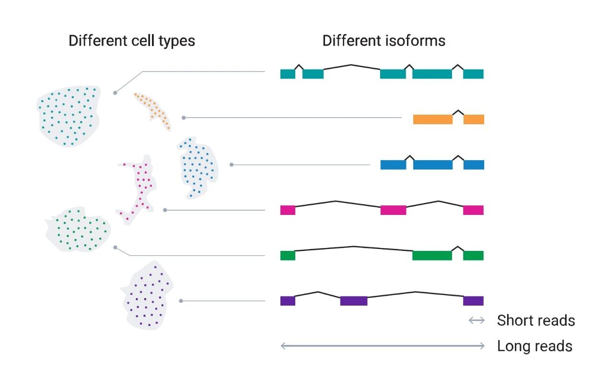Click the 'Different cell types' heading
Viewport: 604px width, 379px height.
tap(132, 41)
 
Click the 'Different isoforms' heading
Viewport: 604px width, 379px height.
tap(383, 41)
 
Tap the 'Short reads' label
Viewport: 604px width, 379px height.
tap(535, 320)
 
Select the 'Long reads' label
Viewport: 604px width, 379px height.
tap(534, 346)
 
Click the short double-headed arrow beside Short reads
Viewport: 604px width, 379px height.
tap(476, 320)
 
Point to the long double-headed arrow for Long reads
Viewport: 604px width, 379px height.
tap(382, 346)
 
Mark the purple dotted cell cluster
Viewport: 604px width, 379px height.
tap(146, 295)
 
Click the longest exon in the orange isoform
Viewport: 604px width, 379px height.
tap(432, 119)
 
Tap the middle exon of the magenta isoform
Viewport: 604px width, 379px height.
tap(393, 210)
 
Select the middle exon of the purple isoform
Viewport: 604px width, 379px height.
tap(354, 301)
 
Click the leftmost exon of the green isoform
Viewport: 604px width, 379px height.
tap(288, 255)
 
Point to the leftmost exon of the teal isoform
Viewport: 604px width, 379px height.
tap(288, 74)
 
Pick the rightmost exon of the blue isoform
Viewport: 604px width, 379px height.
tap(474, 165)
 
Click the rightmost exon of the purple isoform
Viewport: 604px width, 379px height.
tap(473, 301)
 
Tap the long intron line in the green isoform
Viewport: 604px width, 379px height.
tap(354, 247)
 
